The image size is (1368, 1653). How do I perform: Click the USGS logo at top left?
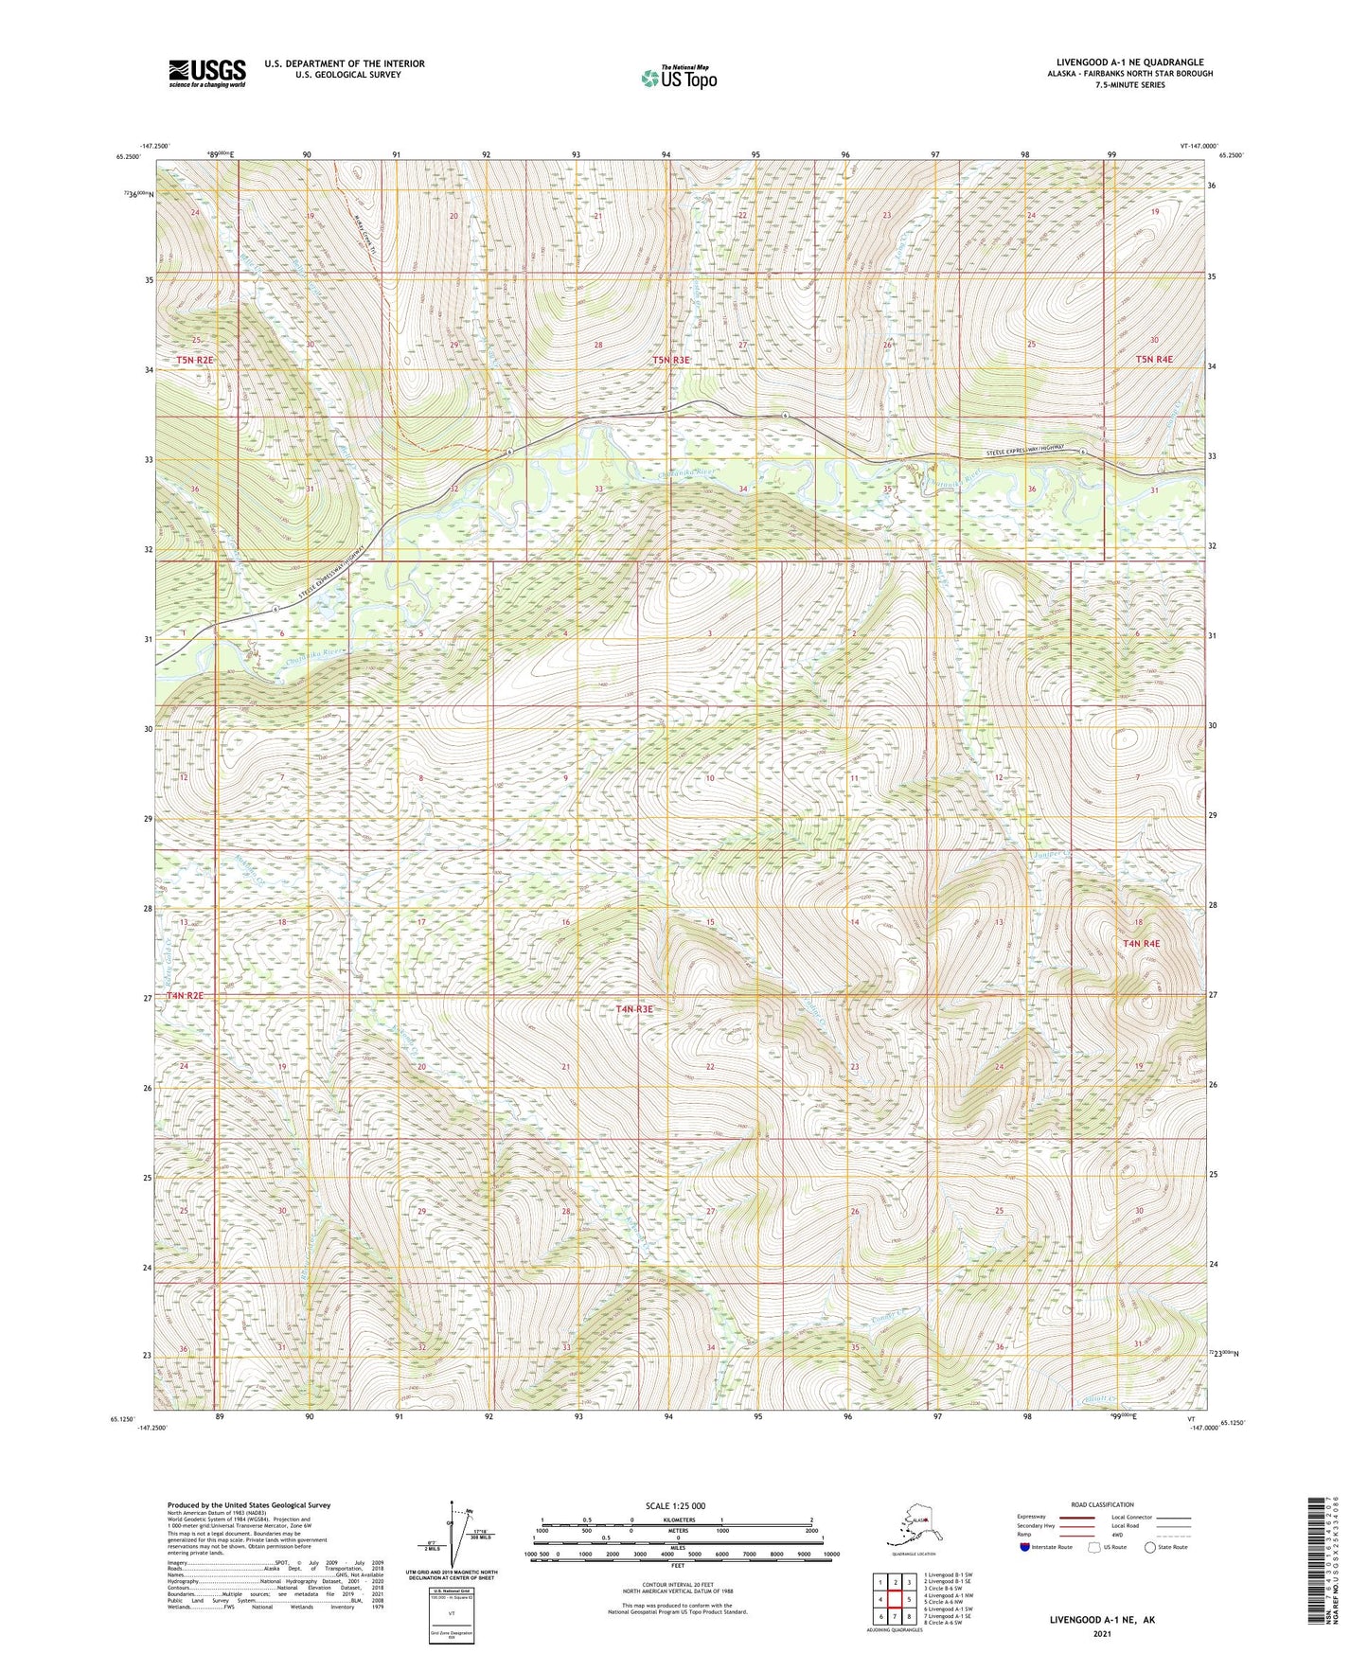206,72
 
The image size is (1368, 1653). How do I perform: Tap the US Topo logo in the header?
678,78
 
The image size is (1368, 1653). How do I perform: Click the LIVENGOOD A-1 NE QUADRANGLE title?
1129,62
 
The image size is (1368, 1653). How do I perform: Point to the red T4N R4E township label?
1141,944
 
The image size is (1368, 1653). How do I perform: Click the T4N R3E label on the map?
634,1009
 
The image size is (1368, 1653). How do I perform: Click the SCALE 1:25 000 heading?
676,1506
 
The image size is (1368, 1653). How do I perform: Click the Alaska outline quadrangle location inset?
912,1527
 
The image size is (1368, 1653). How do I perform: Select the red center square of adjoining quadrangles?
895,1600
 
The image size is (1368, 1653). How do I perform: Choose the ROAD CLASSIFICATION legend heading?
1102,1504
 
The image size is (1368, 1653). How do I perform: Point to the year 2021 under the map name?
1101,1634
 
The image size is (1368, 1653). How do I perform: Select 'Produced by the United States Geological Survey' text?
249,1504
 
